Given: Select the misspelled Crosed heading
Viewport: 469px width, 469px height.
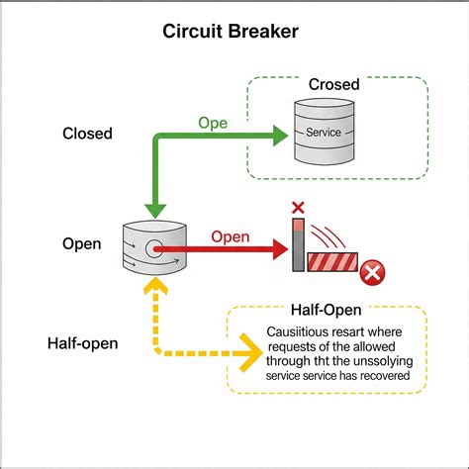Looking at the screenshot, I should (333, 85).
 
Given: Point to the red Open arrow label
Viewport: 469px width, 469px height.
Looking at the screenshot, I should (230, 237).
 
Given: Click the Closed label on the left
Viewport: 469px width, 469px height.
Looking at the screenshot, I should (87, 134).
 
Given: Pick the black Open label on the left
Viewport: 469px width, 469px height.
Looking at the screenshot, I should (81, 243).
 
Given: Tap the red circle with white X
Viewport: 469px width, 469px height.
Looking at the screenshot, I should (372, 271).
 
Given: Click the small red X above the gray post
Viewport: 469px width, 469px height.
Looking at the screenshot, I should (296, 208).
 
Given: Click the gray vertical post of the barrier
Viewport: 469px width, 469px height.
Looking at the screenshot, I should (298, 245).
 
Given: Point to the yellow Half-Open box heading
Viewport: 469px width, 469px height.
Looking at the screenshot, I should (326, 311).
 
